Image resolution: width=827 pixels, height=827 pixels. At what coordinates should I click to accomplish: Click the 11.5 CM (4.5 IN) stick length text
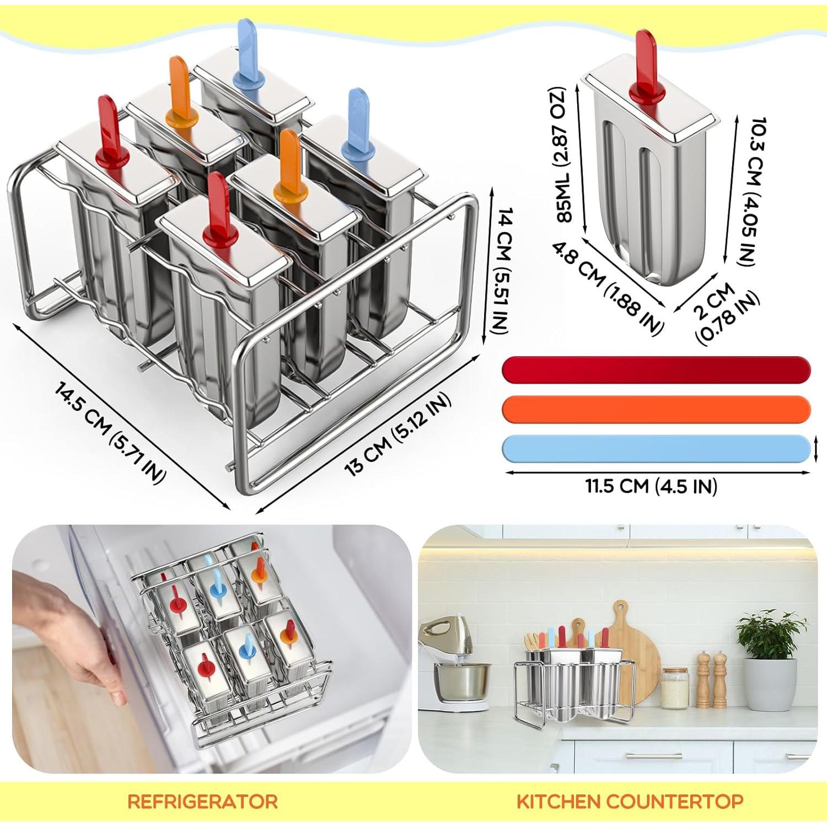tap(651, 486)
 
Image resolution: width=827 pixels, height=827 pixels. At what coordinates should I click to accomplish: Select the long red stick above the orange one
tap(656, 369)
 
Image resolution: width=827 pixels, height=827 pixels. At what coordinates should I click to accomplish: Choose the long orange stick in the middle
tap(656, 409)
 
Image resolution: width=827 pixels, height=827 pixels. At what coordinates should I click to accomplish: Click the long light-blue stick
tap(656, 448)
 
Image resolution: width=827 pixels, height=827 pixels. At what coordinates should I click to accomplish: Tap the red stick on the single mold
tap(646, 66)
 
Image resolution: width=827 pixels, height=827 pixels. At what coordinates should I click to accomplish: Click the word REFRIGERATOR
tap(202, 801)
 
